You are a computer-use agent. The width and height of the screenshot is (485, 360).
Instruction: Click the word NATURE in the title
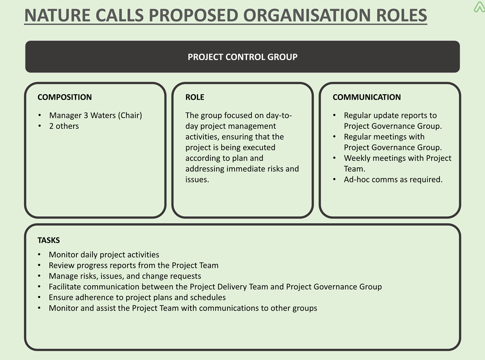(x=57, y=15)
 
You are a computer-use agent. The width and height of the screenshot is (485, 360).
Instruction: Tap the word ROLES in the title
(x=401, y=15)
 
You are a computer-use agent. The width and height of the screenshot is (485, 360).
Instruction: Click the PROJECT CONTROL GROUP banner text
(x=242, y=57)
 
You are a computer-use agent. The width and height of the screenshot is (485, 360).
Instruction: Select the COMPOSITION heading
(x=65, y=97)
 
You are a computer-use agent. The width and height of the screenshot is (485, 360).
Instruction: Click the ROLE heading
(x=195, y=97)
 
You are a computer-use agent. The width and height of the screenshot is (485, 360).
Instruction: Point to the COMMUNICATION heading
(x=367, y=97)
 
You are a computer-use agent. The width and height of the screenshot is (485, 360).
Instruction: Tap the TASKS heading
(x=48, y=240)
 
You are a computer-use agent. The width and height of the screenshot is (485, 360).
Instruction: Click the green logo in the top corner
(x=479, y=7)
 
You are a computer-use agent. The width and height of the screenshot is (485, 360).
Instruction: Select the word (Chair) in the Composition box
(x=130, y=115)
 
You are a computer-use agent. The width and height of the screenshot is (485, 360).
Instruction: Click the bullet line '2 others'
(x=64, y=126)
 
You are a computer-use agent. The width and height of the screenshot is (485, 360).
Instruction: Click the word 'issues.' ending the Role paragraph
(x=197, y=180)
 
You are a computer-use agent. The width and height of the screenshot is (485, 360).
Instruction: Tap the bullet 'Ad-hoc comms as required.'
(x=393, y=180)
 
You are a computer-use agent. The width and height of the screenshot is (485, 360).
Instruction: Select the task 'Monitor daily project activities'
(x=104, y=255)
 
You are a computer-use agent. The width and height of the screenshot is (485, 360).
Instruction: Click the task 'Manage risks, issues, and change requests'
(x=125, y=276)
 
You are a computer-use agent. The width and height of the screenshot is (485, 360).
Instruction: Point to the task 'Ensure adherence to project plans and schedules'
(x=137, y=298)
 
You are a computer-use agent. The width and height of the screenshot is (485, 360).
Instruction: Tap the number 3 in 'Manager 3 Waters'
(x=86, y=115)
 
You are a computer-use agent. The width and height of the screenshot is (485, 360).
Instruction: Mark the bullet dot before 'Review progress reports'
(x=39, y=265)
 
